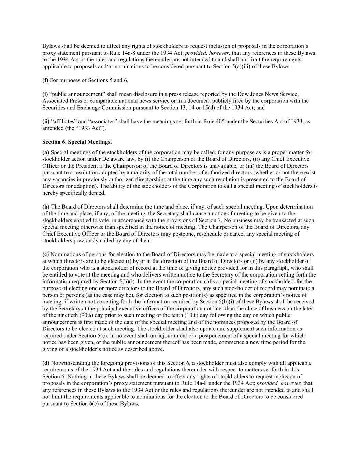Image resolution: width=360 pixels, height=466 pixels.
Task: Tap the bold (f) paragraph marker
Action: point(45,80)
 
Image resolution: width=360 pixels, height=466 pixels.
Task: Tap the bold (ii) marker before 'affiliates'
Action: point(46,121)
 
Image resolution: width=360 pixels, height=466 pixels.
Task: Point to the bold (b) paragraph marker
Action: point(46,207)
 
